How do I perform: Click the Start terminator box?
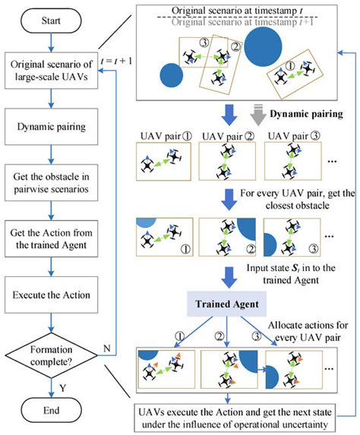(49, 20)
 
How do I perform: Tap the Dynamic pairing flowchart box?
(49, 125)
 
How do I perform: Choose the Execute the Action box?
(49, 295)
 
